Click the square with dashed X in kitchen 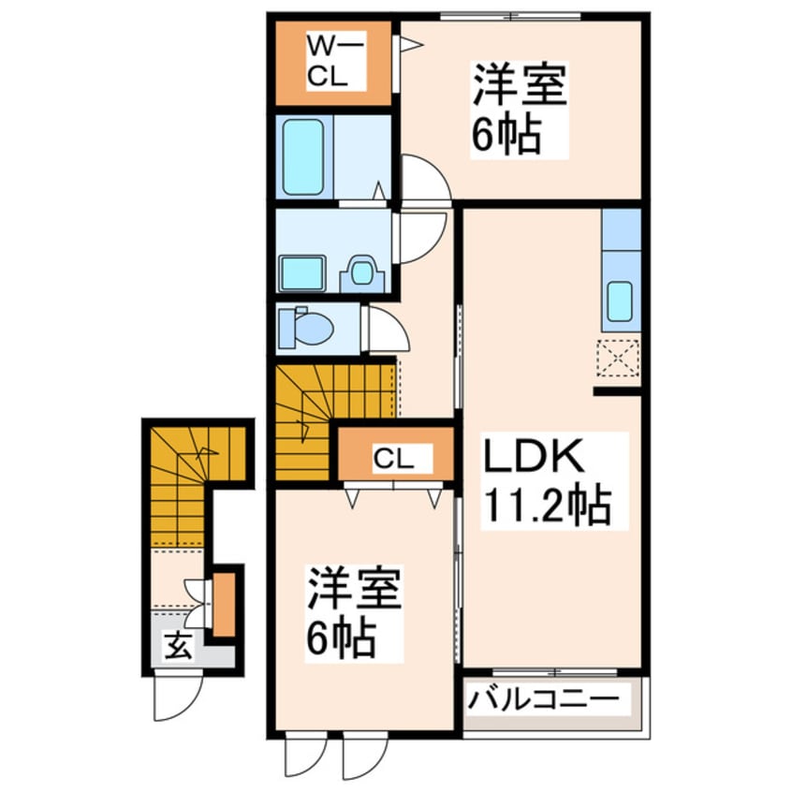click(x=618, y=357)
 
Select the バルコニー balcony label click(x=544, y=699)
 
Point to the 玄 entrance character click(x=180, y=646)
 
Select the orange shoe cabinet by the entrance click(x=224, y=604)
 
